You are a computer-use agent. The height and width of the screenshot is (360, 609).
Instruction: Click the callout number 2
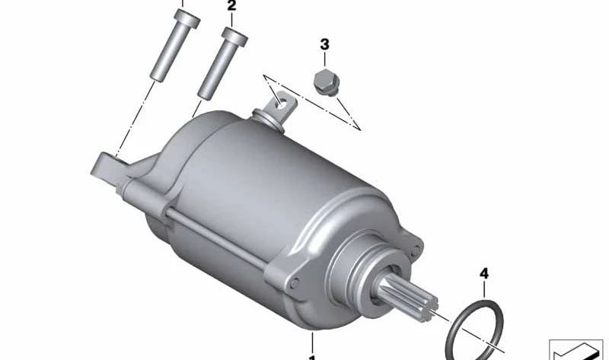click(231, 7)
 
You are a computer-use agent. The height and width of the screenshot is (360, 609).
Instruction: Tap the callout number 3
click(325, 45)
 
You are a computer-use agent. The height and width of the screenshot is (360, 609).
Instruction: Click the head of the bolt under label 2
click(234, 35)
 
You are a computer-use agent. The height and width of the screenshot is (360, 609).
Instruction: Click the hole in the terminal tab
click(282, 100)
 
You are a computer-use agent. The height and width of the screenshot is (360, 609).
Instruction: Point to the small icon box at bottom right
click(575, 349)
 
